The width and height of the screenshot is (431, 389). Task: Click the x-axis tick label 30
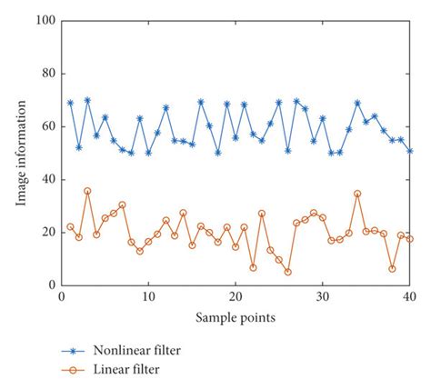click(x=323, y=297)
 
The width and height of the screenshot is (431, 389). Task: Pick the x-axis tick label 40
click(x=410, y=297)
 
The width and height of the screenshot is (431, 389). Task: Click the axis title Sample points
click(x=236, y=317)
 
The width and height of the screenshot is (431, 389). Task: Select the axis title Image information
click(x=20, y=153)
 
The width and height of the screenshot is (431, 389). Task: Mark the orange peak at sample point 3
click(x=87, y=192)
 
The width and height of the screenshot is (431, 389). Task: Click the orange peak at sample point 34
click(x=357, y=194)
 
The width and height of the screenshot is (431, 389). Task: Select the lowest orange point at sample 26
click(x=287, y=272)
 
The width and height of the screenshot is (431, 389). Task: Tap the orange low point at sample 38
click(x=392, y=269)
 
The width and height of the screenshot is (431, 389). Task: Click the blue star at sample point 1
click(x=70, y=103)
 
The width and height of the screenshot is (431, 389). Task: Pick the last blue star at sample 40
click(x=410, y=151)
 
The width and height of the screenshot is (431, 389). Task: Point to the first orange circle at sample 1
click(x=70, y=227)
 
